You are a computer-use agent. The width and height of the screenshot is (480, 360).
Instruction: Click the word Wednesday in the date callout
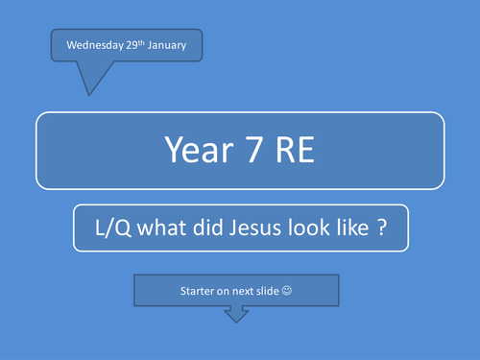[91, 46]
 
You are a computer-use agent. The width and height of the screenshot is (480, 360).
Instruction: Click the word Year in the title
[191, 149]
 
